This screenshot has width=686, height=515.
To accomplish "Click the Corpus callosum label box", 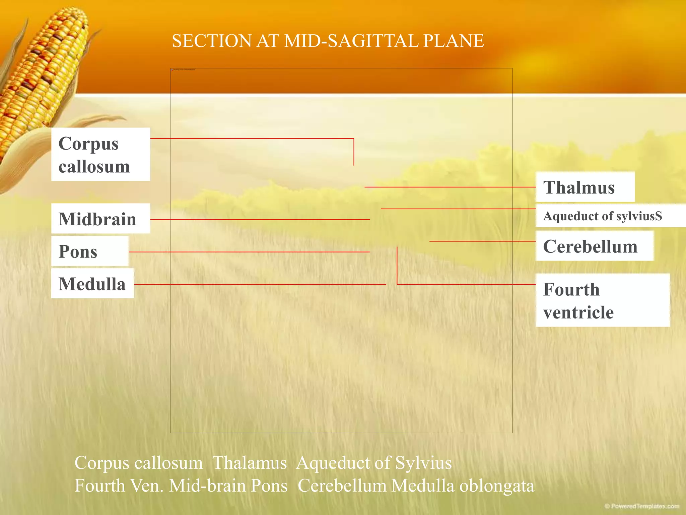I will point(100,154).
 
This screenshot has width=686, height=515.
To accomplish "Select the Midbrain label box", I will point(100,219).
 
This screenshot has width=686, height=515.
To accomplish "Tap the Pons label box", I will point(90,251).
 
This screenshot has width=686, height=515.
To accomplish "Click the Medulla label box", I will point(92,283).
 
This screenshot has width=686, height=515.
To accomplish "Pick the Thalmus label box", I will point(585,187).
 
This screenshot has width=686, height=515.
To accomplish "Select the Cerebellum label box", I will point(594,246).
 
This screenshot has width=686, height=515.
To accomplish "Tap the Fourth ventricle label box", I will point(602,300).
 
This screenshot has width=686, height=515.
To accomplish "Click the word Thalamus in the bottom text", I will point(250,463).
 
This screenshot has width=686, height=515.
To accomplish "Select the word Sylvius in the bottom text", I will point(423,463).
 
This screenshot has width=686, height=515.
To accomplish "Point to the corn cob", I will point(44,67).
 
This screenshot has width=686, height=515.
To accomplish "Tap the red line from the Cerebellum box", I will point(482,241).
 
